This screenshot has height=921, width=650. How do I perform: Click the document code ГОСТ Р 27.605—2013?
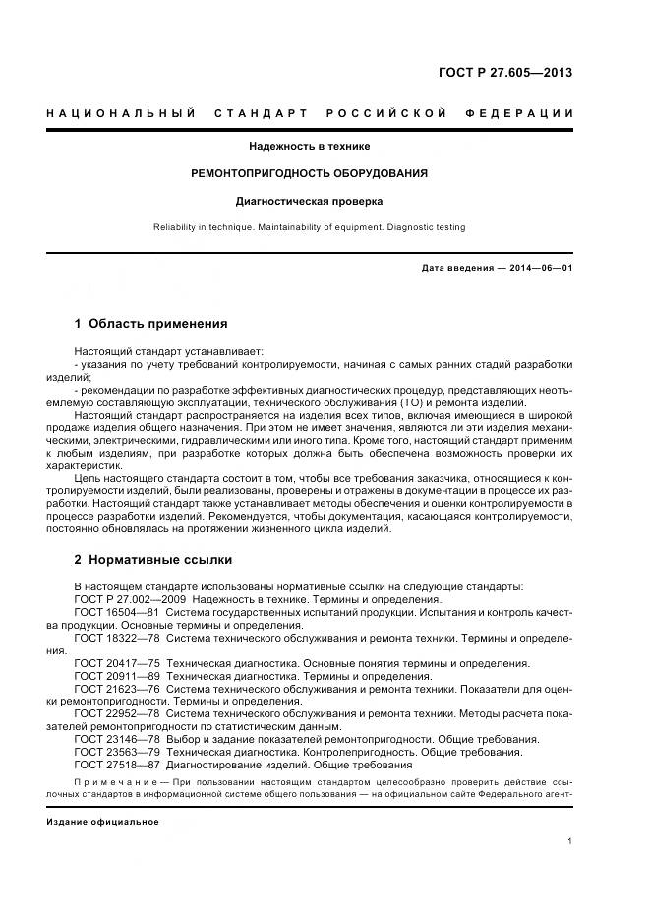click(x=504, y=73)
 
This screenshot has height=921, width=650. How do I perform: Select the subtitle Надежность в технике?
click(x=310, y=146)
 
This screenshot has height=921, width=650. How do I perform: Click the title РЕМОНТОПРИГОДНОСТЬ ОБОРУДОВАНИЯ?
click(x=310, y=173)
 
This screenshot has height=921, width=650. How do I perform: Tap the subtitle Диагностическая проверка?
click(x=310, y=201)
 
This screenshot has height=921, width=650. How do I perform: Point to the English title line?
click(x=310, y=227)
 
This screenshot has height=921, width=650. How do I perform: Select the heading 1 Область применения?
click(x=150, y=323)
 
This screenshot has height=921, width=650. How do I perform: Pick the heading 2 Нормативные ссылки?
click(x=152, y=560)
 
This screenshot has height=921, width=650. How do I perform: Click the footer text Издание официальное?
click(x=102, y=821)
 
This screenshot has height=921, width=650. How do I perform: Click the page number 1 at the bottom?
click(x=570, y=841)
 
